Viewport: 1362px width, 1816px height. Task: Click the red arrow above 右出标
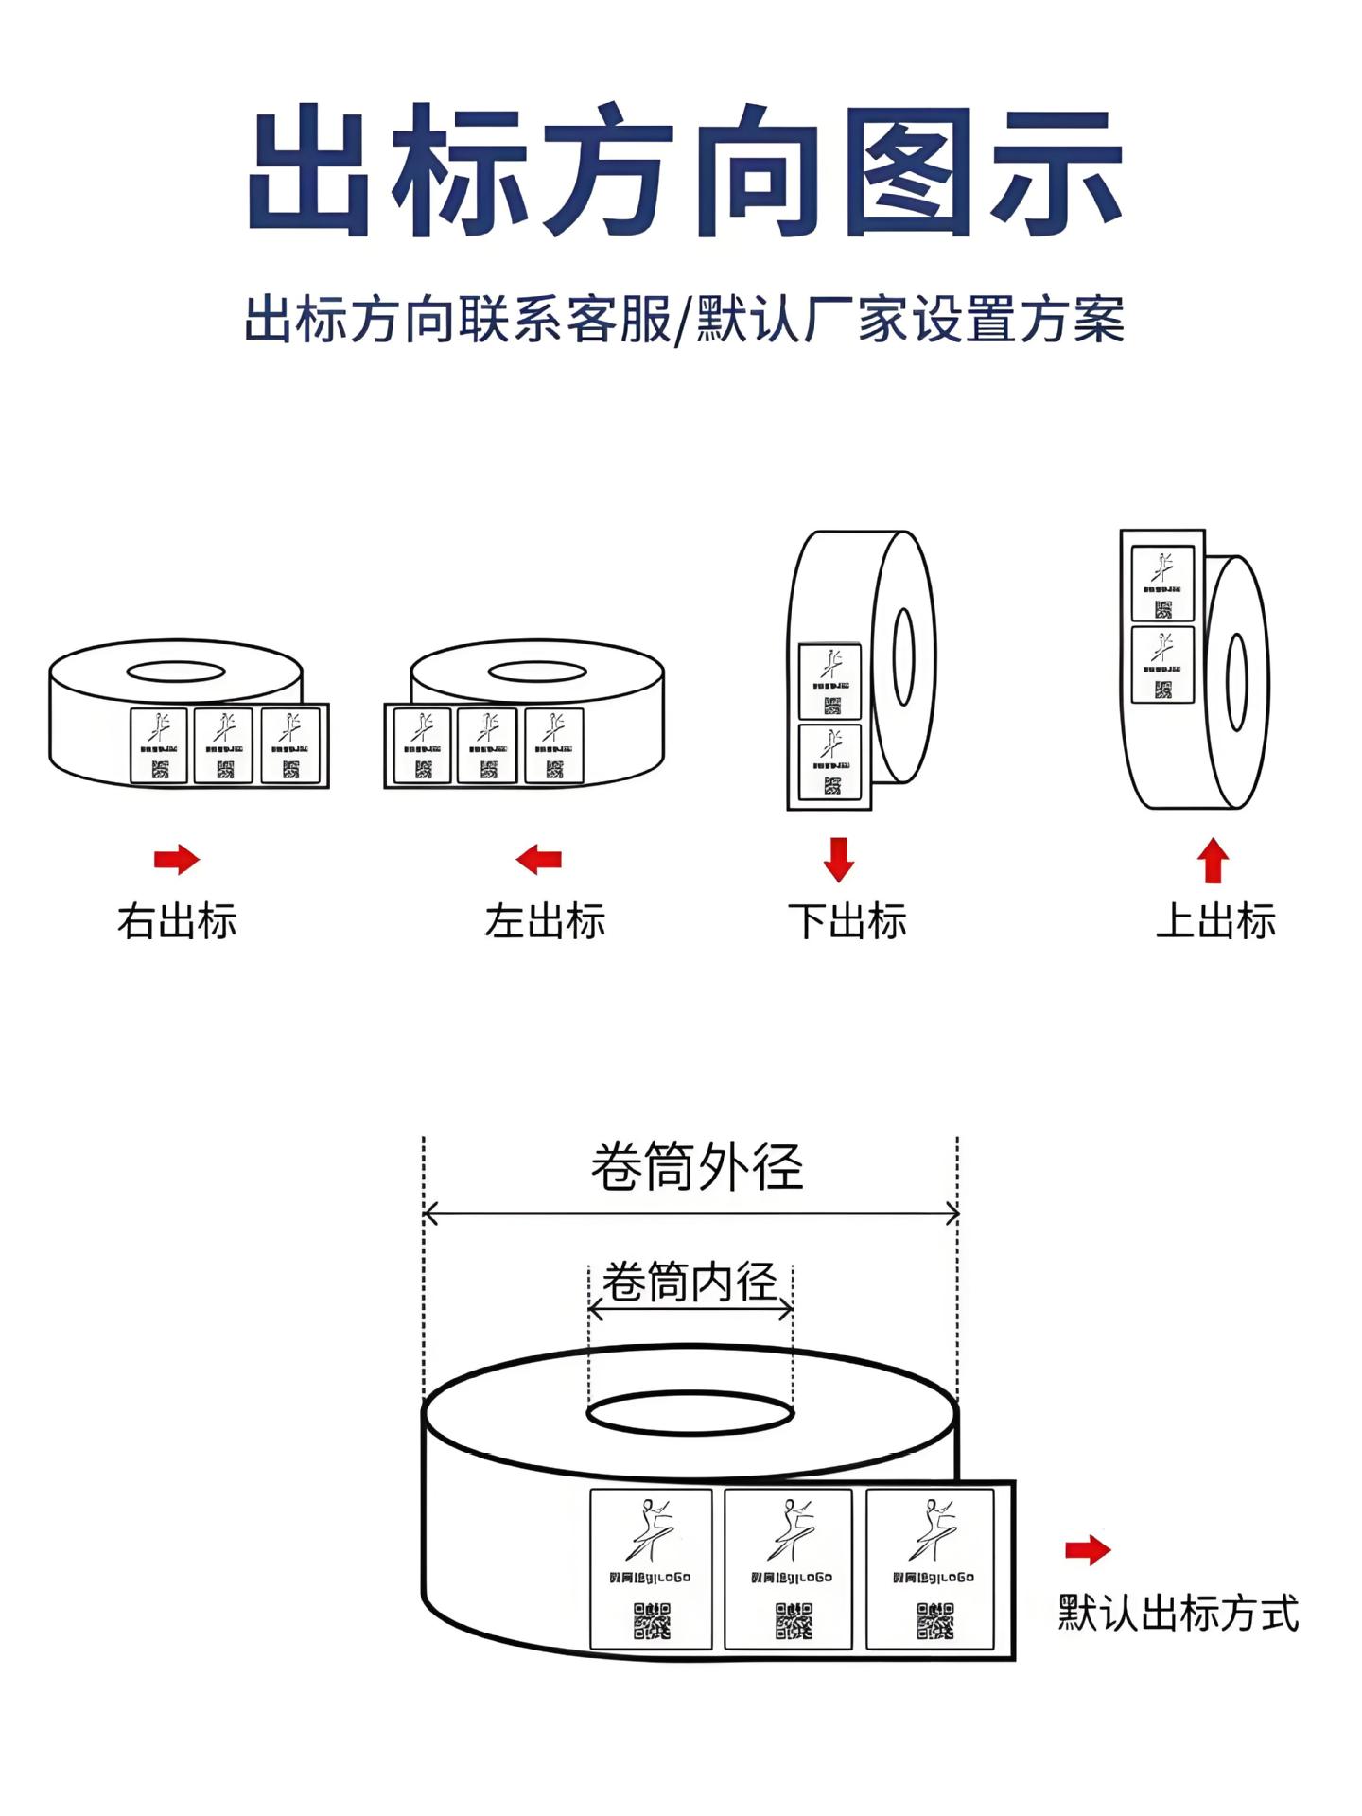tap(177, 860)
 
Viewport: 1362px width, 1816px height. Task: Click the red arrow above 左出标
tap(539, 860)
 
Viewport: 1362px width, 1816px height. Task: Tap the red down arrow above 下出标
tap(839, 858)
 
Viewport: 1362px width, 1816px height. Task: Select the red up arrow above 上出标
tap(1213, 862)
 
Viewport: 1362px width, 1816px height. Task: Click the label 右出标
tap(177, 921)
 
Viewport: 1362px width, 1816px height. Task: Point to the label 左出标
tap(545, 921)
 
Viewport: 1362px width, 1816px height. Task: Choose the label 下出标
tap(847, 921)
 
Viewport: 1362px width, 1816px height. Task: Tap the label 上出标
tap(1215, 921)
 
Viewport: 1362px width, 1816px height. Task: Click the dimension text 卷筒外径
tap(697, 1167)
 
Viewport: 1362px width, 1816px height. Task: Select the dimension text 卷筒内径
tap(690, 1283)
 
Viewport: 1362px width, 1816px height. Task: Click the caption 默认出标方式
tap(1179, 1613)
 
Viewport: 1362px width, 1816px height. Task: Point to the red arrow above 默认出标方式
tap(1088, 1550)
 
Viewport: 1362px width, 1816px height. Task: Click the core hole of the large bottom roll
tap(690, 1415)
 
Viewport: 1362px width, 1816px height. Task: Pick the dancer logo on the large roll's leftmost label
tap(651, 1528)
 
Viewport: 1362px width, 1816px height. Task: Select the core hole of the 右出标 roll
tap(176, 672)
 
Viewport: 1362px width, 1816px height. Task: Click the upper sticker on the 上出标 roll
tap(1162, 585)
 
